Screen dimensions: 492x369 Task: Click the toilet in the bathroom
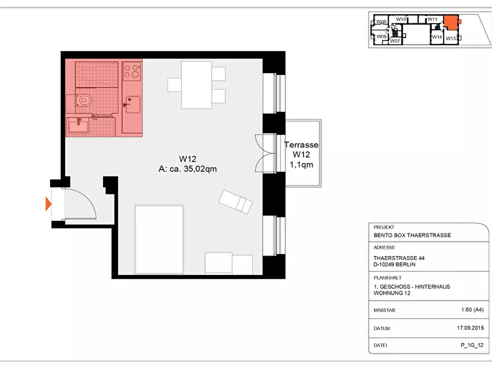coord(83,100)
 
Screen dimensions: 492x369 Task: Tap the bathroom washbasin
coord(78,126)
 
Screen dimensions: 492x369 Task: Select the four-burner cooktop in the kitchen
coord(132,71)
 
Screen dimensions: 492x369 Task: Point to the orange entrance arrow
coord(48,204)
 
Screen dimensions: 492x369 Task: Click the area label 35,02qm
coord(200,169)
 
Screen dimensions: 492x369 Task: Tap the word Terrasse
coord(301,145)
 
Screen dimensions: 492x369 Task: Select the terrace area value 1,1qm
coord(301,165)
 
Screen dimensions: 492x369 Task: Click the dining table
coord(197,85)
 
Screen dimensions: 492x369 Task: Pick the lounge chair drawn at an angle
coord(235,202)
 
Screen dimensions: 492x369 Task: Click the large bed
coord(159,240)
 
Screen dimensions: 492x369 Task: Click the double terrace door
coord(266,154)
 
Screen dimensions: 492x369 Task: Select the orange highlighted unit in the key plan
coord(451,22)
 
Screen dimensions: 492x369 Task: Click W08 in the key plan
coord(381,36)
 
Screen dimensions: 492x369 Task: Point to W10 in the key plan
coord(401,19)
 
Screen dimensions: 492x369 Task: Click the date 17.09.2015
coord(471,328)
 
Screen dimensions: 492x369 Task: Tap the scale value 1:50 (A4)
coord(472,310)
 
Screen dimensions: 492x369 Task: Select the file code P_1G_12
coord(472,345)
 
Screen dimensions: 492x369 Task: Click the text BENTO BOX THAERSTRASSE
coord(412,235)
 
